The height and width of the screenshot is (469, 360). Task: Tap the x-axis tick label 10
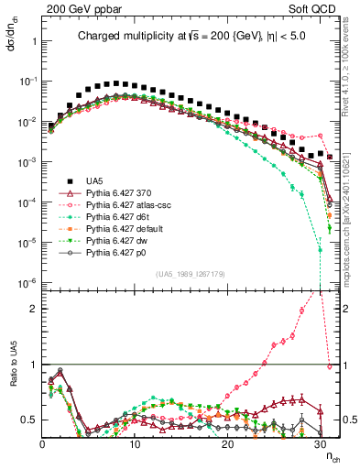[x=135, y=444]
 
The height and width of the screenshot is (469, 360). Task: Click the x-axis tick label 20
[x=227, y=444]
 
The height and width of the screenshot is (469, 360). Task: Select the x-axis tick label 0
[x=42, y=444]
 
